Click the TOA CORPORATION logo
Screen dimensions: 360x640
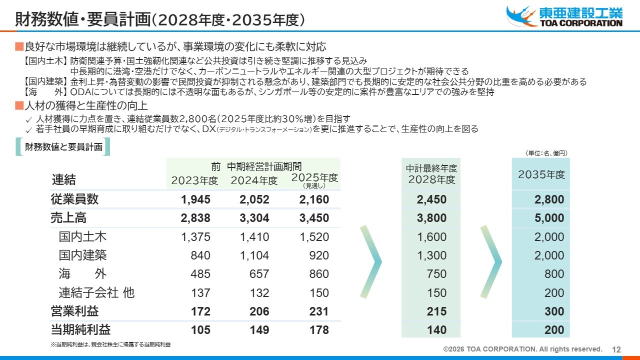[564, 16]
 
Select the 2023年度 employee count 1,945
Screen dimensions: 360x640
[195, 199]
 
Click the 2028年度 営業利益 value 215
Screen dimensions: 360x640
[431, 311]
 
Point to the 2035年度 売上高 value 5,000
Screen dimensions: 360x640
[548, 218]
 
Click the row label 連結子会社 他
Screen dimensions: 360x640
[96, 292]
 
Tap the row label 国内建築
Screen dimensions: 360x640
[82, 255]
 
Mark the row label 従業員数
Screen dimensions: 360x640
[75, 199]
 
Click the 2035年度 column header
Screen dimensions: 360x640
[541, 174]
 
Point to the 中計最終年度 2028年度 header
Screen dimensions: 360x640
[431, 174]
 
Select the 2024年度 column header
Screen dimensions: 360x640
[254, 180]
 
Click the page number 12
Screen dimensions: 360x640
[616, 349]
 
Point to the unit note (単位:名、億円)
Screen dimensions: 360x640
[546, 153]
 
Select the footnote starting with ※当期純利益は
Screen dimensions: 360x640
[110, 344]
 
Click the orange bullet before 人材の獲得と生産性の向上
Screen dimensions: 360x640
[19, 106]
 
